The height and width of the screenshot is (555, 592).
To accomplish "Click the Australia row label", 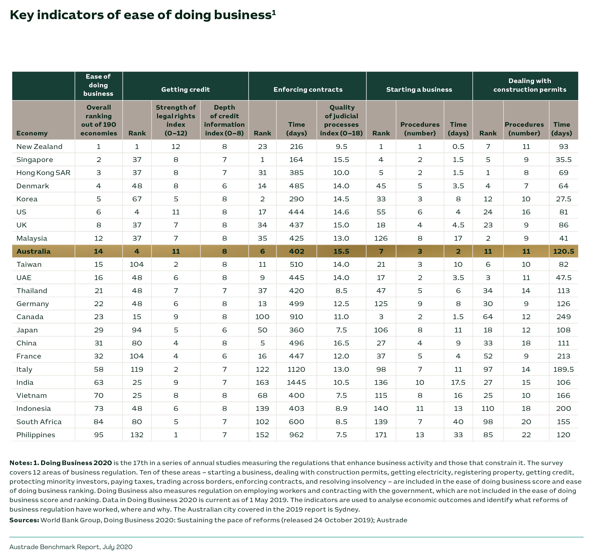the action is [x=33, y=251].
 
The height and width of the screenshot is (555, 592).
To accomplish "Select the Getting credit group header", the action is [x=185, y=89].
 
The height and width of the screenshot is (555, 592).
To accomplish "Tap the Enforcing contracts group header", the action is [x=308, y=89].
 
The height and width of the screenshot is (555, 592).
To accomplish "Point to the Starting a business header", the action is [x=419, y=89].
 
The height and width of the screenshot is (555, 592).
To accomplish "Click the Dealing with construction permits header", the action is [x=530, y=85].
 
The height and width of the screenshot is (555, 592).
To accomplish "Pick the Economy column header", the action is [x=32, y=133].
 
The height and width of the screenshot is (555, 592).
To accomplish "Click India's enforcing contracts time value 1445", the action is [x=296, y=382].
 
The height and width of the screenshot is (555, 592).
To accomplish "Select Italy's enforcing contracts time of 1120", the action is [x=296, y=369].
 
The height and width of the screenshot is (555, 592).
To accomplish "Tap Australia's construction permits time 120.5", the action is [x=563, y=251].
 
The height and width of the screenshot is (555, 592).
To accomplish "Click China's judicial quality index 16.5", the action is [x=341, y=343].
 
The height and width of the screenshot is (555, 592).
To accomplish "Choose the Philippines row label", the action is [x=36, y=435].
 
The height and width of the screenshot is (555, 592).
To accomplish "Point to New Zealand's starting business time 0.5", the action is [x=458, y=146].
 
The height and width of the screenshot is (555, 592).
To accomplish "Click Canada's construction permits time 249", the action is [x=563, y=317].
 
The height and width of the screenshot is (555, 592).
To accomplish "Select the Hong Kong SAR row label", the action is [x=43, y=172].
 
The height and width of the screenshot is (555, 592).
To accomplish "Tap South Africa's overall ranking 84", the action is [x=99, y=422].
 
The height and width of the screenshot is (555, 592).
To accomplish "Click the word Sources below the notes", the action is [x=24, y=520].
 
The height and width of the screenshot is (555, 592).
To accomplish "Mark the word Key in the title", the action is [x=22, y=15].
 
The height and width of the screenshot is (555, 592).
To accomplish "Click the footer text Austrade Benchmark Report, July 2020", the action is [x=71, y=547].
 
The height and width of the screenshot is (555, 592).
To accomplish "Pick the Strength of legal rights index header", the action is [x=176, y=120].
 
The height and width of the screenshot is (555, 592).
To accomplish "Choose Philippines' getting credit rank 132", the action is [x=137, y=435].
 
